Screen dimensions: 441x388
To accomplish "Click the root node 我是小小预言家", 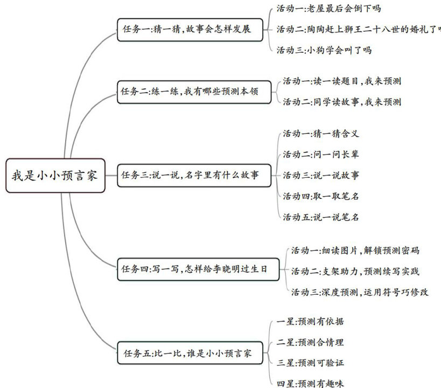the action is pos(54,176).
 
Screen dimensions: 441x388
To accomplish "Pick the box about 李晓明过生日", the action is pos(198,268).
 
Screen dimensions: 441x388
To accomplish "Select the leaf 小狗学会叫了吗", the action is pos(324,50).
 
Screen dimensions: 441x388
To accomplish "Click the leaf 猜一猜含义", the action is pos(320,134).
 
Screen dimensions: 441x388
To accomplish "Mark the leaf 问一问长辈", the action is pos(320,155).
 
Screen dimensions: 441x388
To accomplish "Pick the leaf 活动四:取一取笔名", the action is pos(320,196).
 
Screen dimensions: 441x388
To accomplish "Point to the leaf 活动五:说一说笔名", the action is pos(320,217).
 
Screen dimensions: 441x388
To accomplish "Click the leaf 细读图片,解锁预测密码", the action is pos(355,250).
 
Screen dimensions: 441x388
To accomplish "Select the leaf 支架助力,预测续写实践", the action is pos(355,271).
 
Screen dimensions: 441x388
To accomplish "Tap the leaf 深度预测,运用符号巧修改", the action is pos(359,292).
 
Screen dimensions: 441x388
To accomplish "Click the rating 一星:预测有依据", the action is pos(310,322).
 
